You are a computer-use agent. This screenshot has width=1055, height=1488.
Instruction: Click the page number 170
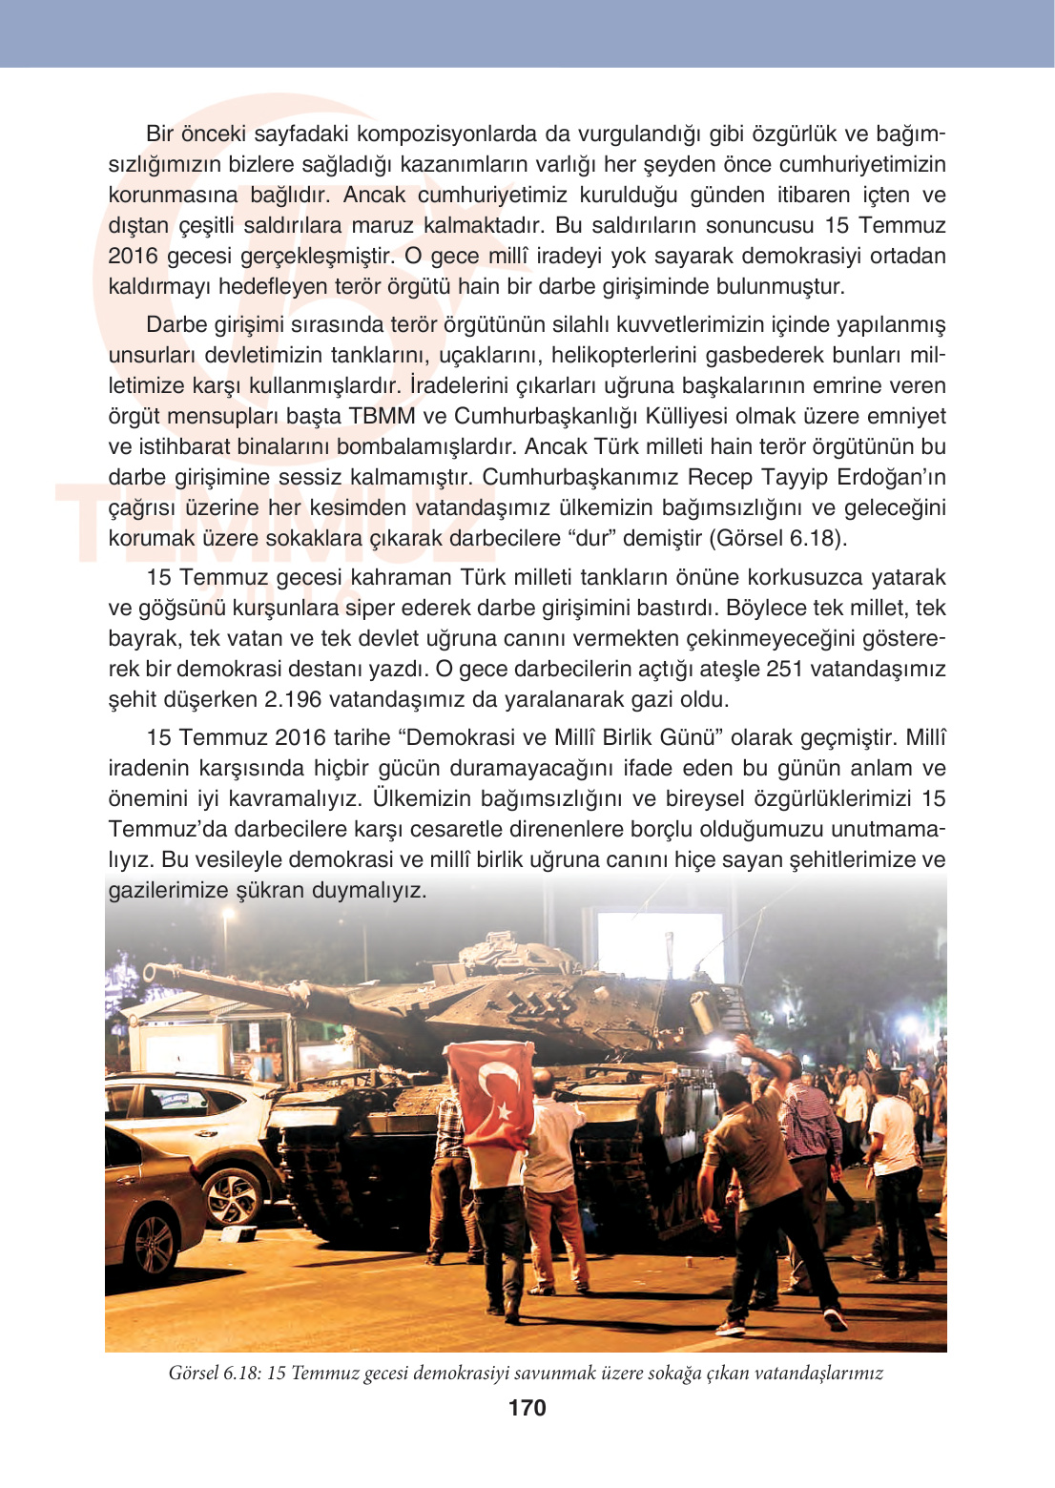pyautogui.click(x=527, y=1408)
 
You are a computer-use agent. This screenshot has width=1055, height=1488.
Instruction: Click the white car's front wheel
pyautogui.click(x=232, y=1196)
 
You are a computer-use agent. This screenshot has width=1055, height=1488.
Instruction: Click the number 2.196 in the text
pyautogui.click(x=293, y=699)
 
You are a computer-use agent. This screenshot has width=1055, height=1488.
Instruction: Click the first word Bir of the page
pyautogui.click(x=159, y=134)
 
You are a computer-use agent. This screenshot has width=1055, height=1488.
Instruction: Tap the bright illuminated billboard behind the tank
pyautogui.click(x=658, y=944)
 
